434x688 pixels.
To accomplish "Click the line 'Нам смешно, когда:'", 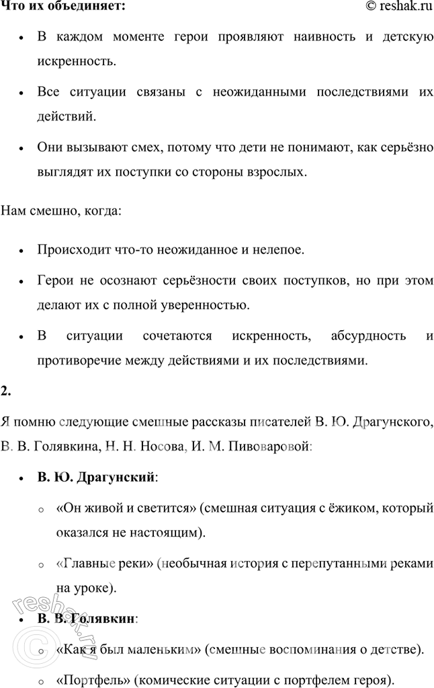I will coord(62,212).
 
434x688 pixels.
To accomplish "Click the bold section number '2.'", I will coord(7,391).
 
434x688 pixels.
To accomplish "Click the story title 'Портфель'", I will coord(91,677).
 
